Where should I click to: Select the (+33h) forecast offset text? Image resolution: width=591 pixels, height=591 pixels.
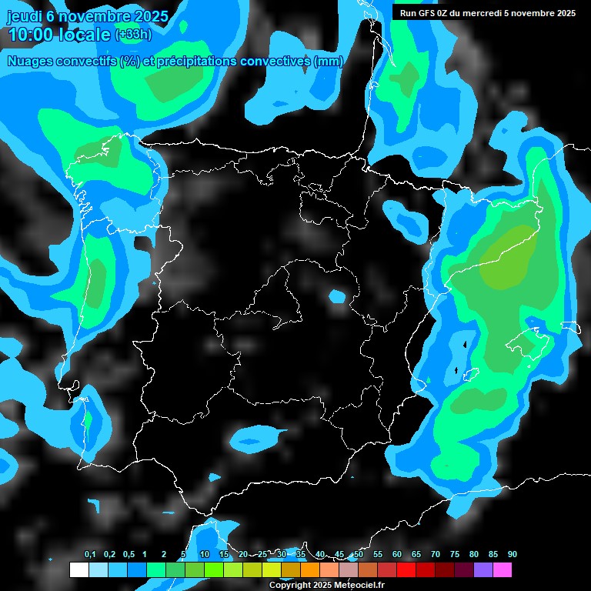(x=133, y=35)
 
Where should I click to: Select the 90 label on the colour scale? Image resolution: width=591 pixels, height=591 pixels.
(x=512, y=555)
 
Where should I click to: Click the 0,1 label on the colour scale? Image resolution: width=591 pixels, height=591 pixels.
(x=90, y=555)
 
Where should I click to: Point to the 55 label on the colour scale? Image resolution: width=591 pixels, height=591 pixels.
(x=377, y=555)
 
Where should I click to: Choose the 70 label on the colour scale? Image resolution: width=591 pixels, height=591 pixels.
(x=435, y=555)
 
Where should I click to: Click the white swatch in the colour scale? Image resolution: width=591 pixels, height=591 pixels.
(x=78, y=569)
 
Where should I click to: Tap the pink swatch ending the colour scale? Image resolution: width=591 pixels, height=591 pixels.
(x=503, y=569)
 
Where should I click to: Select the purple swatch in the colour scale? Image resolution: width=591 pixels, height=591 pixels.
(x=483, y=569)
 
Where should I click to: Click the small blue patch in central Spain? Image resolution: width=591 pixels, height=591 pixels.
(x=336, y=295)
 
